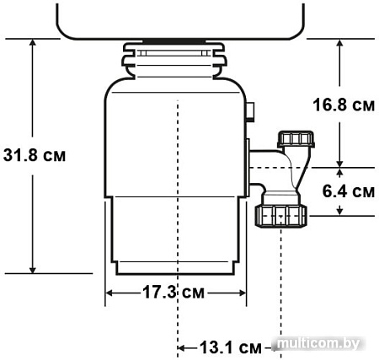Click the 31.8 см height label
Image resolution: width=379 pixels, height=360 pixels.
click(x=34, y=156)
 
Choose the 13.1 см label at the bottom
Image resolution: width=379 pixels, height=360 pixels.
click(x=230, y=347)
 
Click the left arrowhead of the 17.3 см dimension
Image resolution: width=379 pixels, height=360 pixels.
click(x=110, y=293)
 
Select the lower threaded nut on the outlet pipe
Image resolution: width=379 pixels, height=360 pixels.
click(x=280, y=216)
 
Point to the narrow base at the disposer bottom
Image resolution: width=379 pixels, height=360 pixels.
click(x=177, y=268)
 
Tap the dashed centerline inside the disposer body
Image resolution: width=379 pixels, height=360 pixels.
click(x=178, y=169)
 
